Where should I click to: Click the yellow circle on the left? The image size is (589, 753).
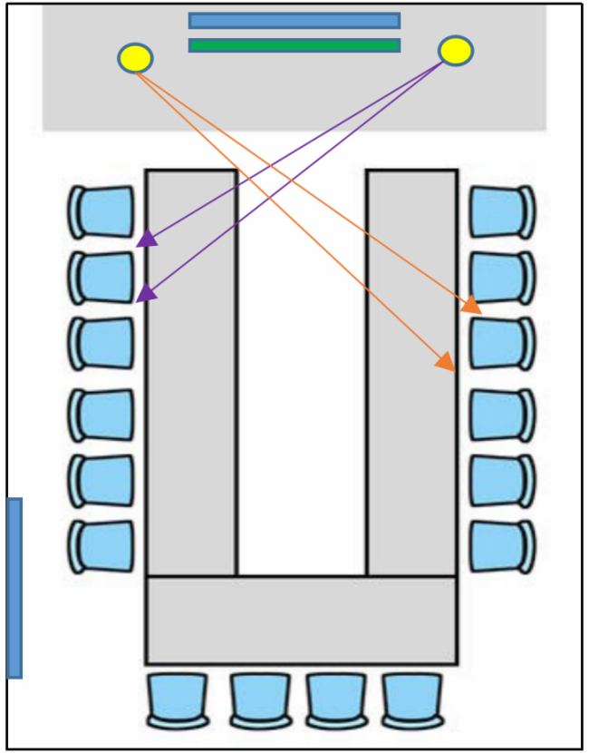click(x=135, y=58)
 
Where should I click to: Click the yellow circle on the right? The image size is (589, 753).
click(x=456, y=50)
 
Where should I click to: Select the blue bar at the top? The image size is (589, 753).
click(x=294, y=21)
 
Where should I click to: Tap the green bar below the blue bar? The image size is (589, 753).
click(x=294, y=44)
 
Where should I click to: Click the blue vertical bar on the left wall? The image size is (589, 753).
click(x=14, y=588)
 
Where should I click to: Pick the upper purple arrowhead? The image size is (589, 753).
click(x=147, y=239)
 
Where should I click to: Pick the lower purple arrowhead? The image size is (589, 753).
click(x=145, y=292)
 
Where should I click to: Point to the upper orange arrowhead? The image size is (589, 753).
click(x=471, y=306)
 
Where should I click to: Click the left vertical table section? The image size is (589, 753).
click(x=191, y=372)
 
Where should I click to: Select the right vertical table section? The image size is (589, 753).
click(x=411, y=372)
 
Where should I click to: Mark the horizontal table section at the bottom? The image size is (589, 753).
click(x=301, y=620)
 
